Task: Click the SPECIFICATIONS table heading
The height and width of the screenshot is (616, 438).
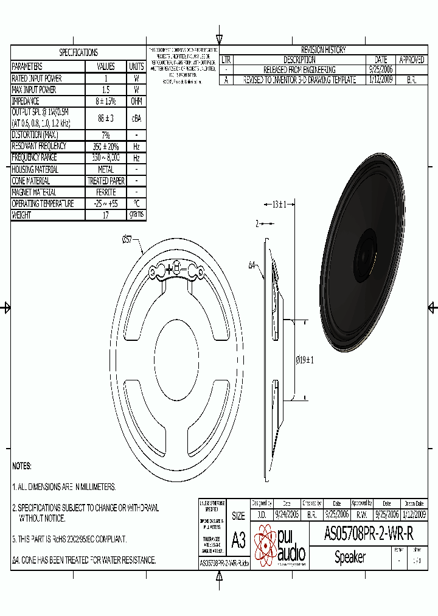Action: pos(78,53)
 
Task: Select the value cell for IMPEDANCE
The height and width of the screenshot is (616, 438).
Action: pos(106,101)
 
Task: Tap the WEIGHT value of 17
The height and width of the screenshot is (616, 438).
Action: pos(106,215)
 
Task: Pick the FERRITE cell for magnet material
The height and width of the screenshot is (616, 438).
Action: pos(106,192)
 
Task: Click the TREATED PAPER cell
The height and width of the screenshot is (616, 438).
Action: pos(106,181)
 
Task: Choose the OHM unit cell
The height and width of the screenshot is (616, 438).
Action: pos(136,101)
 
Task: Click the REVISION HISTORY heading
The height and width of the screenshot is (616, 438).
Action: pos(323,50)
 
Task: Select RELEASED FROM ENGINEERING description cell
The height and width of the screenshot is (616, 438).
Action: pos(299,70)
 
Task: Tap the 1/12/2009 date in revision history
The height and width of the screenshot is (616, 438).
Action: pos(381,80)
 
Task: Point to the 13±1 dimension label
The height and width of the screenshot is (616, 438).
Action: pos(279,205)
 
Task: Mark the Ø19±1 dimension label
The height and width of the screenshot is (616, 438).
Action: pos(304,360)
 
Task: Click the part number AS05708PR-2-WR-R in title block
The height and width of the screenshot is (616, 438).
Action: pos(369,534)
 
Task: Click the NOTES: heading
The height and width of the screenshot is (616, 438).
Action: pos(22,466)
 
